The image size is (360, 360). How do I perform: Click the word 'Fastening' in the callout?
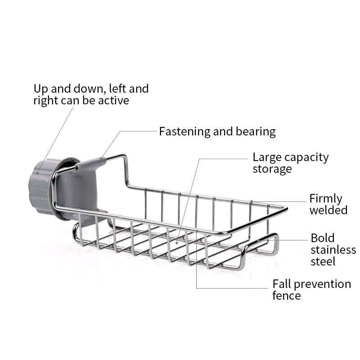click(x=184, y=132)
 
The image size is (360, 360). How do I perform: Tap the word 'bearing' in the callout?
click(x=256, y=132)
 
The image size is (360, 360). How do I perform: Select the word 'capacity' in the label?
click(x=306, y=158)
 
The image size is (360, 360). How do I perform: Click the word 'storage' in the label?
click(x=272, y=169)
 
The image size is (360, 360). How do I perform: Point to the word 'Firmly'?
click(x=325, y=198)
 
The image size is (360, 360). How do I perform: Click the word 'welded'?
click(x=328, y=210)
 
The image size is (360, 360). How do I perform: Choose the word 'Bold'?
click(x=322, y=238)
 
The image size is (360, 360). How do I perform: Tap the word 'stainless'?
click(x=333, y=250)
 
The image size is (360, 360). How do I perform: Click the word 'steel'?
click(x=323, y=261)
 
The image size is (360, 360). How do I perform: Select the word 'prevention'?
click(x=322, y=285)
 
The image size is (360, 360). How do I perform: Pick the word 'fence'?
click(x=287, y=295)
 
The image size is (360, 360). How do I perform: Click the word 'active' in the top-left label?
click(x=113, y=100)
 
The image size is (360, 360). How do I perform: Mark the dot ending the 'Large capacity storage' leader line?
click(x=177, y=243)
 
